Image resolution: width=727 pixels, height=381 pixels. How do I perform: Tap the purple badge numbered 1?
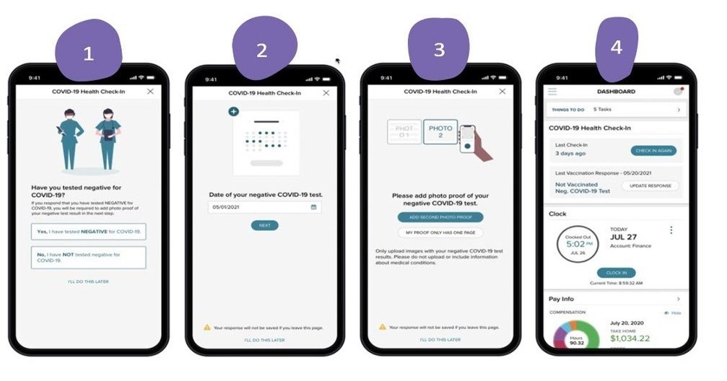pyautogui.click(x=89, y=52)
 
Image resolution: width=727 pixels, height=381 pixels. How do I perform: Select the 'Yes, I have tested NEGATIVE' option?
pyautogui.click(x=88, y=232)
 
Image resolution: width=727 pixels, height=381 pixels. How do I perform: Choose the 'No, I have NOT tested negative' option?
pyautogui.click(x=88, y=258)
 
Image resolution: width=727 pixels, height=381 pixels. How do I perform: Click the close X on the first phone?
pyautogui.click(x=149, y=92)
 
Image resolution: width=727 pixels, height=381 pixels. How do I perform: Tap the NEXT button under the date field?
pyautogui.click(x=264, y=225)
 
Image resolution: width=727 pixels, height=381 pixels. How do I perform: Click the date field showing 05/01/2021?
pyautogui.click(x=260, y=207)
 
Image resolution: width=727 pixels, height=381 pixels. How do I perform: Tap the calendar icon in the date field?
pyautogui.click(x=313, y=207)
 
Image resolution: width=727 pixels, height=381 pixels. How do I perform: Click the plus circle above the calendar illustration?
pyautogui.click(x=233, y=111)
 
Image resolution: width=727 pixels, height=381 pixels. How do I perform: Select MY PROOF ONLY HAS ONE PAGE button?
pyautogui.click(x=440, y=232)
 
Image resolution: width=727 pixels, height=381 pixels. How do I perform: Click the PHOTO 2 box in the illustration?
pyautogui.click(x=440, y=131)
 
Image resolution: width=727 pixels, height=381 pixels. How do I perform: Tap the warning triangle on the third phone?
pyautogui.click(x=383, y=327)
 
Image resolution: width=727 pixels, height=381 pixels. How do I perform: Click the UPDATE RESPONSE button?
pyautogui.click(x=650, y=185)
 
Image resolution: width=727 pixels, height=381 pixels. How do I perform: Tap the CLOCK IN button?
pyautogui.click(x=616, y=273)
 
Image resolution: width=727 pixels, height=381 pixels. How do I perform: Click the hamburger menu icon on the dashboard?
pyautogui.click(x=552, y=92)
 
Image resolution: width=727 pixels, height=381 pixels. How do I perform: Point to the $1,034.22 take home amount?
pyautogui.click(x=630, y=338)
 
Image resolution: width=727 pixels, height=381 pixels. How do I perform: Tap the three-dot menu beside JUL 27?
pyautogui.click(x=671, y=230)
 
